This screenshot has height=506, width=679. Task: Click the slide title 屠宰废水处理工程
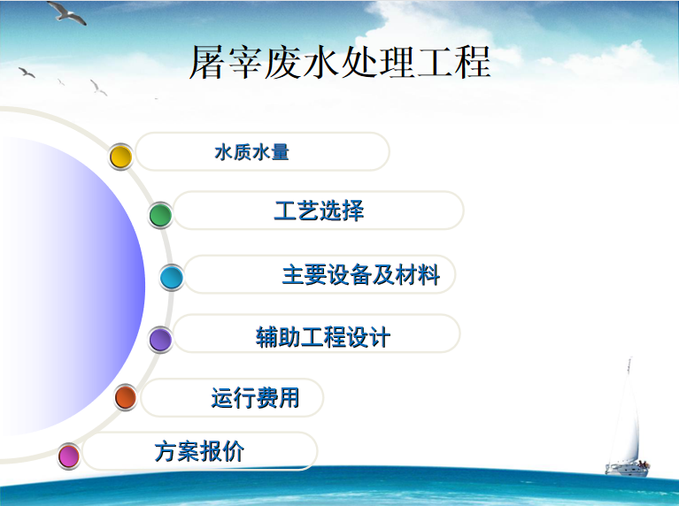(x=340, y=62)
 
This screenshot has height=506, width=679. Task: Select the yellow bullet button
(x=120, y=157)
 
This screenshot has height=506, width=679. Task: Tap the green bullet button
(x=160, y=215)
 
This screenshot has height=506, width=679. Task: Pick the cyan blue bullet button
(x=172, y=277)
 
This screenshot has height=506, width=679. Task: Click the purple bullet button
(x=160, y=340)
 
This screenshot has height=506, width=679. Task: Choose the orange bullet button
(x=126, y=397)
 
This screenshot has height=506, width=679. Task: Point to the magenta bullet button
(x=69, y=456)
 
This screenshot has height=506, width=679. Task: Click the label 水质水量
(x=251, y=152)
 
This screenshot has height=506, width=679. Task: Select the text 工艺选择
(x=320, y=211)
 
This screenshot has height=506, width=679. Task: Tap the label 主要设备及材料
(x=361, y=275)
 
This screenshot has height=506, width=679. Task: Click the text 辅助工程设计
(x=323, y=337)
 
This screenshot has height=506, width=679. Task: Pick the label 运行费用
(x=256, y=398)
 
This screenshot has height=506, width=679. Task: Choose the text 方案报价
(x=200, y=451)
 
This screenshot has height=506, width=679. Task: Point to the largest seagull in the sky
(x=67, y=12)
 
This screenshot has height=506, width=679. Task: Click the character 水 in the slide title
(x=320, y=62)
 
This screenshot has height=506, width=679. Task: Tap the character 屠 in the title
(x=207, y=62)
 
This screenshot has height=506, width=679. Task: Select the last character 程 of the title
(x=473, y=62)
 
